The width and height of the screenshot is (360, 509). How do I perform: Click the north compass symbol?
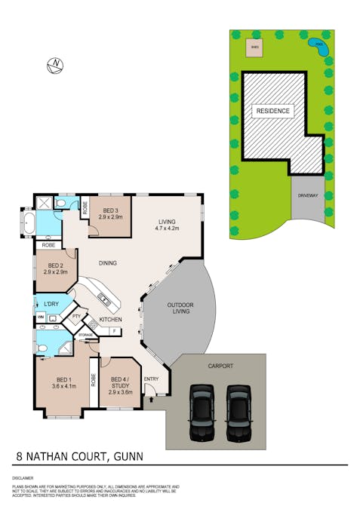55,66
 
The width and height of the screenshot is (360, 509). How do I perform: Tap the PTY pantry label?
76,317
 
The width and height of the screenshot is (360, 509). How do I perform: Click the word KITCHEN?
110,320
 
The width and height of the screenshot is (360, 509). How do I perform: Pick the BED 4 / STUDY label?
121,384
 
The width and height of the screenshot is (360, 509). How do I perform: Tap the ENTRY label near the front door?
152,379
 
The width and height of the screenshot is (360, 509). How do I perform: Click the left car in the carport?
202,412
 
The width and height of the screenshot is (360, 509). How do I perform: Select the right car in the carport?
238,412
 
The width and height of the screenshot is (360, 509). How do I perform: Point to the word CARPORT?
220,366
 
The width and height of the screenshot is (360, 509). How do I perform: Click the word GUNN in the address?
127,456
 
